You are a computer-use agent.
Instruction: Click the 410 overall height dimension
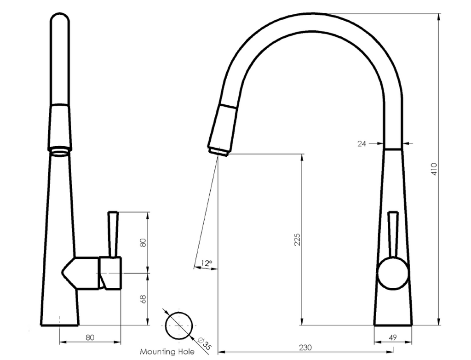(434, 169)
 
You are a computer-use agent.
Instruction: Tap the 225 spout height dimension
(297, 240)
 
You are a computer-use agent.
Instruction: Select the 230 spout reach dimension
(305, 348)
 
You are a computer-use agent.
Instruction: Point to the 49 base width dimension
(393, 338)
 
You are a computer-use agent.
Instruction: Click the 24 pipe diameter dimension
(362, 144)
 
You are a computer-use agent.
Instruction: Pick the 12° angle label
(207, 263)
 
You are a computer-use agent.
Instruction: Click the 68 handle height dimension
(144, 299)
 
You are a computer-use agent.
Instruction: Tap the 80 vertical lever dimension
(144, 243)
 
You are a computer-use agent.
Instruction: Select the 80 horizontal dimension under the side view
(90, 337)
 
